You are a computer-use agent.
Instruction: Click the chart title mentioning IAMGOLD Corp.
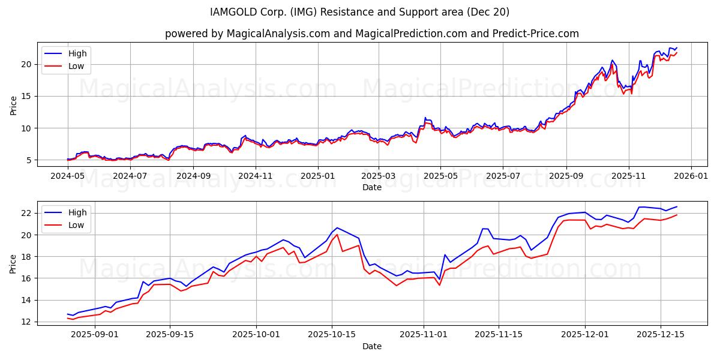[360, 12]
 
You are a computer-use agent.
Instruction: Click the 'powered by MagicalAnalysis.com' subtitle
[372, 34]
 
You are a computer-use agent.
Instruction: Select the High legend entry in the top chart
[77, 54]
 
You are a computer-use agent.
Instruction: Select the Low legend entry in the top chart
[76, 66]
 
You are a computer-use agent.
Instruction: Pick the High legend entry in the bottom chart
[77, 212]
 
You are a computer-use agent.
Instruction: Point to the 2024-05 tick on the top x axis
[68, 176]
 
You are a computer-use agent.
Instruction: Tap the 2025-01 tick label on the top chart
[317, 176]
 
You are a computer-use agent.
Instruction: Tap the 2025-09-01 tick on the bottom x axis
[95, 335]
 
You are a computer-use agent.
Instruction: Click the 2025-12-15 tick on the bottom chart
[661, 335]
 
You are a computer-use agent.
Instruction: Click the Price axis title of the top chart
[14, 106]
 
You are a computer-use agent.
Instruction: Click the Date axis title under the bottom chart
[372, 346]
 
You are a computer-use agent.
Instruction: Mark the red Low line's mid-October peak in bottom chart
[337, 234]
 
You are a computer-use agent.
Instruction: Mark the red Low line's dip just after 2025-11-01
[439, 285]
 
